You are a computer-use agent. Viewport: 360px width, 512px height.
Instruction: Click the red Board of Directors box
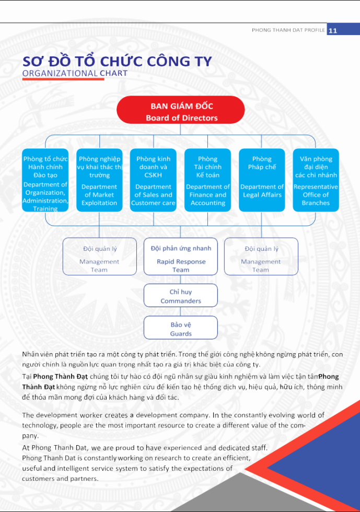pos(180,110)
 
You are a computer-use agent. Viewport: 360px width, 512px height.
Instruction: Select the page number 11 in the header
pos(333,30)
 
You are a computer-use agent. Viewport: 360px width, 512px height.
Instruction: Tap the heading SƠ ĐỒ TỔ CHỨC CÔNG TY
pos(117,61)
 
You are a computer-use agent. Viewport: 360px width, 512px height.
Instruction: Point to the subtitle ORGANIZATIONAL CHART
pos(75,73)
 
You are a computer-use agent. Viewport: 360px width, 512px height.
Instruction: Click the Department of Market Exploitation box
pos(99,180)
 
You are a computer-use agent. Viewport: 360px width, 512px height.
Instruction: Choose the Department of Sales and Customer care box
pos(153,180)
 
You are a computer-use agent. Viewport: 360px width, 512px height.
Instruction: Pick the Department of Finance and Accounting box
pos(207,180)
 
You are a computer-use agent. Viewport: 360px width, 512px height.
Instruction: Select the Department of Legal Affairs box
pos(262,180)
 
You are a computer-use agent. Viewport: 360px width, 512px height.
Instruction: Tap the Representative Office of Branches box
pos(316,180)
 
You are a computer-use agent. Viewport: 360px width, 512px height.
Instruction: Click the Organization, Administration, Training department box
pos(45,180)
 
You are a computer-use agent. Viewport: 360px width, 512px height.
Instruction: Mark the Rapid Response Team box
pos(180,257)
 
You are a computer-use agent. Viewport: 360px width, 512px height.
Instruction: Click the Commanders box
pos(180,296)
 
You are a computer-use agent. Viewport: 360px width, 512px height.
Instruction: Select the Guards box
pos(180,328)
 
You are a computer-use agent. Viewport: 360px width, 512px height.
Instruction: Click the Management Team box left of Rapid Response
pos(99,257)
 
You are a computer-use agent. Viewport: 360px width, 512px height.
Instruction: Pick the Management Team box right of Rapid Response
pos(261,257)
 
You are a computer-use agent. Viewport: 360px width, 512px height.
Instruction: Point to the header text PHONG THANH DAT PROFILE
pos(288,30)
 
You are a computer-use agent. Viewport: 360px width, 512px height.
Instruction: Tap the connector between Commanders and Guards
pos(180,312)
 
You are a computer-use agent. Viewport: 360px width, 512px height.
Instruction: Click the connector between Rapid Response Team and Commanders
pos(180,280)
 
